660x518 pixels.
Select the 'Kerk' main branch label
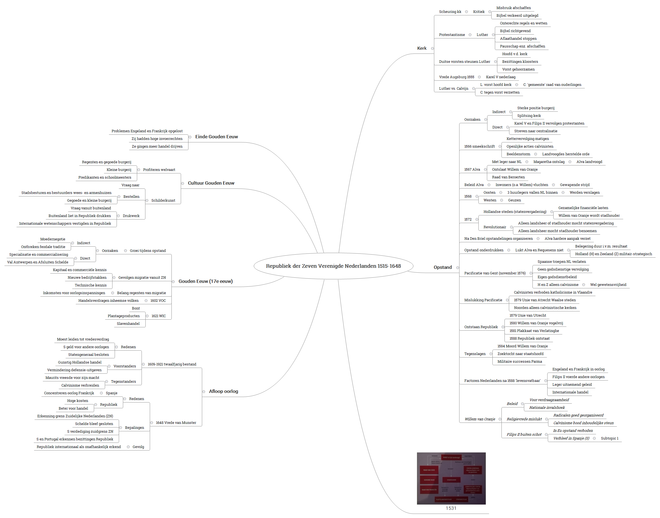[421, 48]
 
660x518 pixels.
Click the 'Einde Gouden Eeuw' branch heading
[216, 137]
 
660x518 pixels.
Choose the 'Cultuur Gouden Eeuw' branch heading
[211, 183]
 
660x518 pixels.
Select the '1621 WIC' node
[159, 316]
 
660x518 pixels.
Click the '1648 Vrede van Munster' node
[176, 423]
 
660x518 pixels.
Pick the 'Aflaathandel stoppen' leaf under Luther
[518, 38]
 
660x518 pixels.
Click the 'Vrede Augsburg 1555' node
[456, 77]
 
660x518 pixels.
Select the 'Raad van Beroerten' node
[508, 177]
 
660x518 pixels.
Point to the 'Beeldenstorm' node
[518, 154]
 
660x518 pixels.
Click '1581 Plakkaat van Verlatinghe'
[534, 331]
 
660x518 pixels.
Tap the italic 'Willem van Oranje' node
[480, 419]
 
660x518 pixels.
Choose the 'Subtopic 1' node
[609, 438]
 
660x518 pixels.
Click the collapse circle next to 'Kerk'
[432, 49]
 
